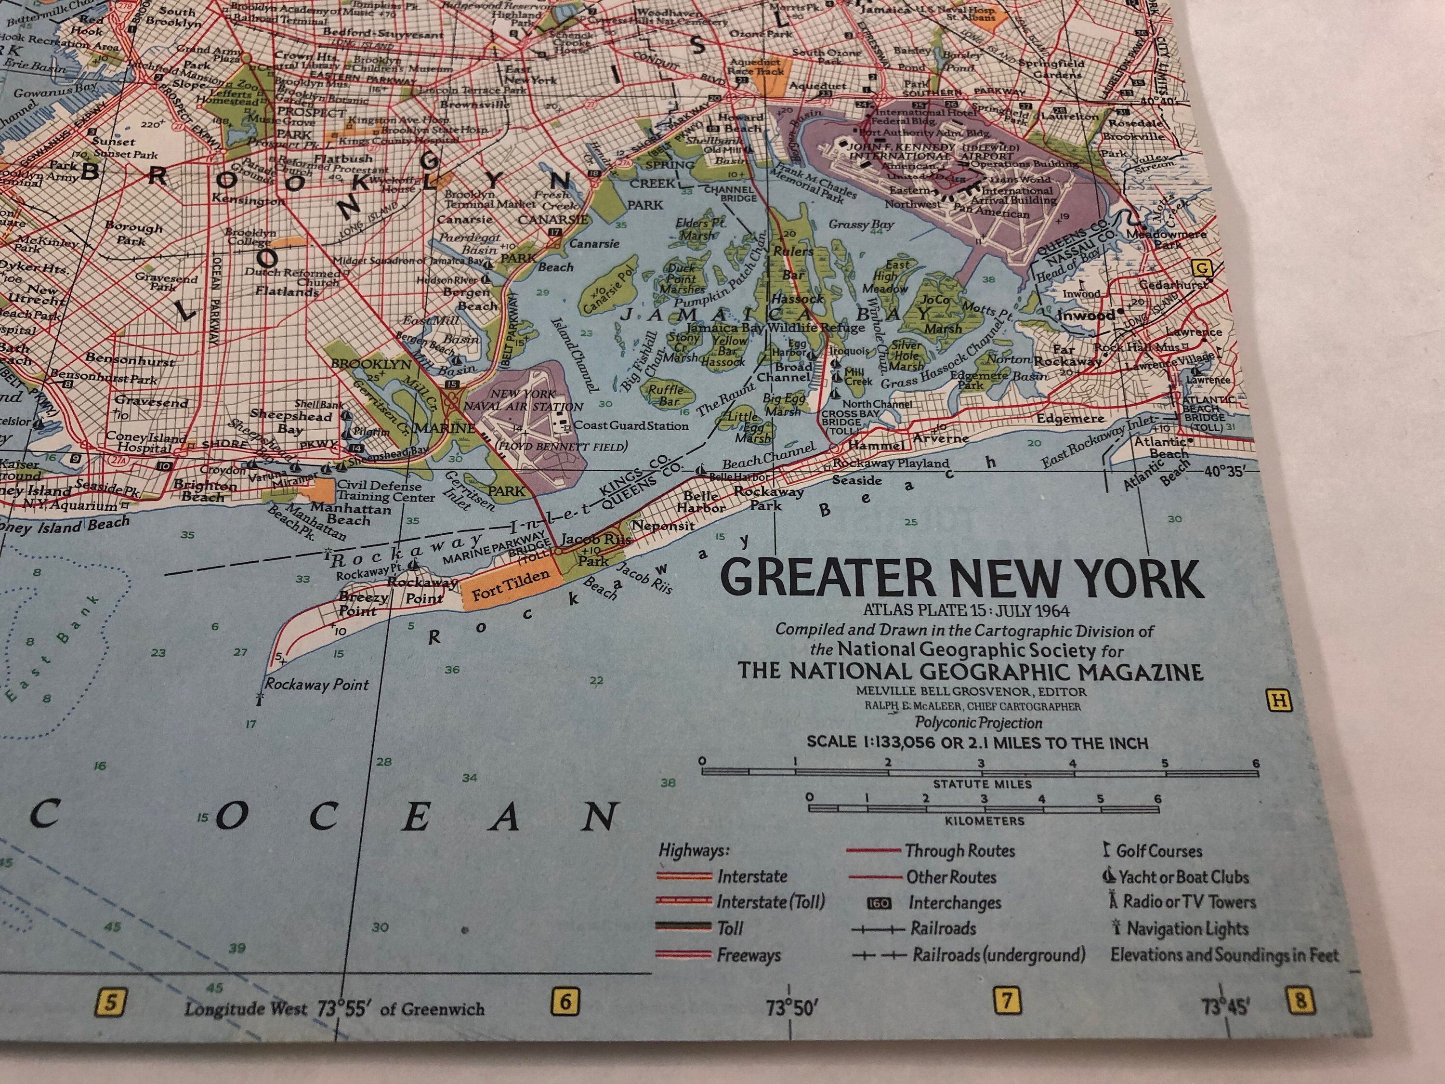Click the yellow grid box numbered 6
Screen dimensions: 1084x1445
coord(565,1000)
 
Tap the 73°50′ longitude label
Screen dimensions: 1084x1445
coord(792,1009)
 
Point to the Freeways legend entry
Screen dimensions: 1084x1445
coord(748,955)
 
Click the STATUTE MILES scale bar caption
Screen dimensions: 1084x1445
coord(981,784)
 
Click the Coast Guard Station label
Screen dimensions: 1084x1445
coord(631,426)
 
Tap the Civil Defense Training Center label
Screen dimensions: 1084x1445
coord(385,491)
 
